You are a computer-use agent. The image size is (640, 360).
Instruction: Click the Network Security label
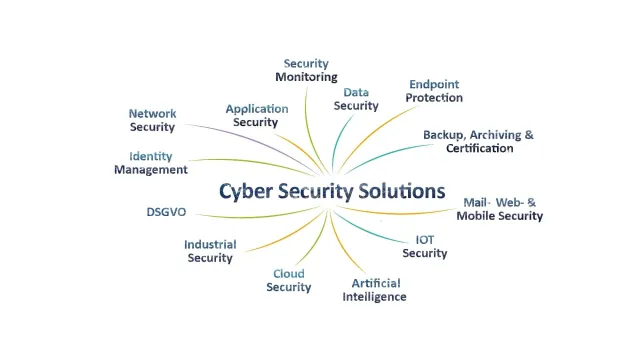click(152, 120)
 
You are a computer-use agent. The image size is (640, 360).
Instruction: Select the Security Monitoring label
click(306, 70)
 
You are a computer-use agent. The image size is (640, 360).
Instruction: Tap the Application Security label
click(256, 115)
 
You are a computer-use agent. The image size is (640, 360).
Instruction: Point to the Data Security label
click(356, 99)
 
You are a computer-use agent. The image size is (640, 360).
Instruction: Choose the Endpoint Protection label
click(435, 91)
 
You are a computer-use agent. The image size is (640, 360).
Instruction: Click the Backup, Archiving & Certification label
click(478, 141)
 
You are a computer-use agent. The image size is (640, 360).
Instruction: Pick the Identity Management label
click(150, 163)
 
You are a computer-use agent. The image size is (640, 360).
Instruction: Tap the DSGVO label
click(166, 212)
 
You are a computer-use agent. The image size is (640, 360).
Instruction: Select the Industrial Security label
click(210, 251)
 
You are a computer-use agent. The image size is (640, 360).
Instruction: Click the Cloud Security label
click(289, 281)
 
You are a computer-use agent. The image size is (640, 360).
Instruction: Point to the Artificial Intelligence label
click(375, 290)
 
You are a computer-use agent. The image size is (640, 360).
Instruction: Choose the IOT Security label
click(424, 247)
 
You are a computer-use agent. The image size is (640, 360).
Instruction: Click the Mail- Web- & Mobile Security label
click(500, 209)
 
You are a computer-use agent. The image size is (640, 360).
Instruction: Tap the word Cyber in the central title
click(245, 190)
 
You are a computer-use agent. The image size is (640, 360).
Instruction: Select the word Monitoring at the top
click(306, 77)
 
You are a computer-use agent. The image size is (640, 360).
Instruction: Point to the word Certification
click(479, 148)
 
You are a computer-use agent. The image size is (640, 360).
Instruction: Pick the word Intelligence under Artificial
click(375, 297)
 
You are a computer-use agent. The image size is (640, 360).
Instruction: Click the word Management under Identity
click(150, 170)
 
